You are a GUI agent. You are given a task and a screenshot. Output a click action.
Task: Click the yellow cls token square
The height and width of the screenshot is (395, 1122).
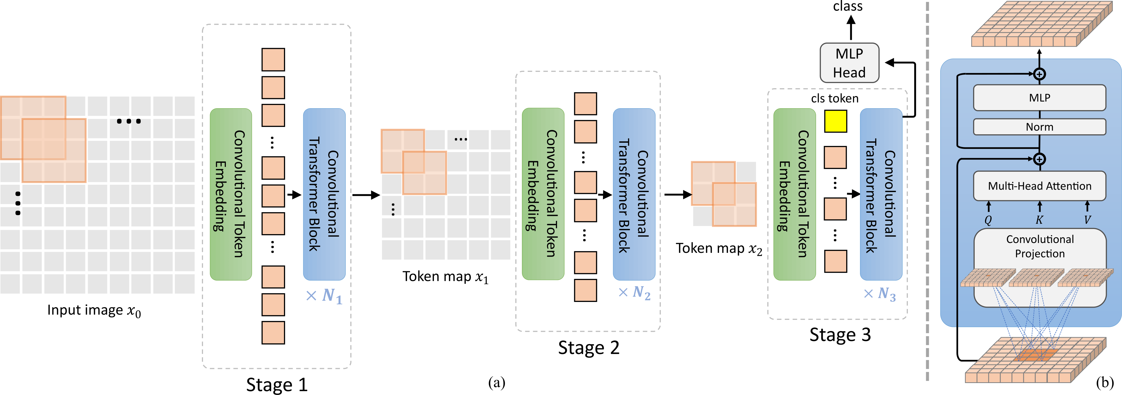[835, 121]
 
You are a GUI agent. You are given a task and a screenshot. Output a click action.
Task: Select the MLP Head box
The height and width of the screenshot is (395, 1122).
[849, 63]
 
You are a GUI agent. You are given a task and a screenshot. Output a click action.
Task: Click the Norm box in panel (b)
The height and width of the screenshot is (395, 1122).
[1039, 127]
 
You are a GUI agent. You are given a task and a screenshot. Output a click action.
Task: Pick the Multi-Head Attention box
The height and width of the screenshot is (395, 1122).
[1039, 186]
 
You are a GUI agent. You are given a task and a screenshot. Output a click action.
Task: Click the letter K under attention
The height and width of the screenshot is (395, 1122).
[1039, 220]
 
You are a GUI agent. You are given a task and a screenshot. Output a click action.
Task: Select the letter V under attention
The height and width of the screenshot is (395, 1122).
[1087, 220]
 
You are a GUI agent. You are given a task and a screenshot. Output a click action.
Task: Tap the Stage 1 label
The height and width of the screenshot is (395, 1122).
[277, 385]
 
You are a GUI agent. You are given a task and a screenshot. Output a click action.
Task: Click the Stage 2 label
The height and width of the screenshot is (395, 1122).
[588, 348]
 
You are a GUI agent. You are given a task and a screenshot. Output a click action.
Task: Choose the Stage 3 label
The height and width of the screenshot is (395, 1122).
[840, 335]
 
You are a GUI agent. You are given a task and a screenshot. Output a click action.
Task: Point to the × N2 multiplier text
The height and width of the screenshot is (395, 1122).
[635, 292]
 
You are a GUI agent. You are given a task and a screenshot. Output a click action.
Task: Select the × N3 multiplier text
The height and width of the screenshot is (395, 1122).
[880, 294]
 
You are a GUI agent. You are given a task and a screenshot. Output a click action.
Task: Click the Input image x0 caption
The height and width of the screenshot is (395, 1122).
[94, 311]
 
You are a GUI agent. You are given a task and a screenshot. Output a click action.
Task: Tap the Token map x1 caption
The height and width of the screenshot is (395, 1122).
[445, 277]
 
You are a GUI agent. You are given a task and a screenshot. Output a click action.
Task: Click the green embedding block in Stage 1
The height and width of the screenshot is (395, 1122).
[231, 194]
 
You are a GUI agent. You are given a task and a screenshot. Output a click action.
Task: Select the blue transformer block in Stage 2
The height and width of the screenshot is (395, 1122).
[634, 194]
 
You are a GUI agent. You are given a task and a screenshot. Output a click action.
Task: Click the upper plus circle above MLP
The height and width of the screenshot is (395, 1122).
[1039, 74]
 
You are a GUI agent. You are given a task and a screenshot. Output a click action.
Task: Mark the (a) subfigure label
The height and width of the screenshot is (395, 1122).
[496, 383]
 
